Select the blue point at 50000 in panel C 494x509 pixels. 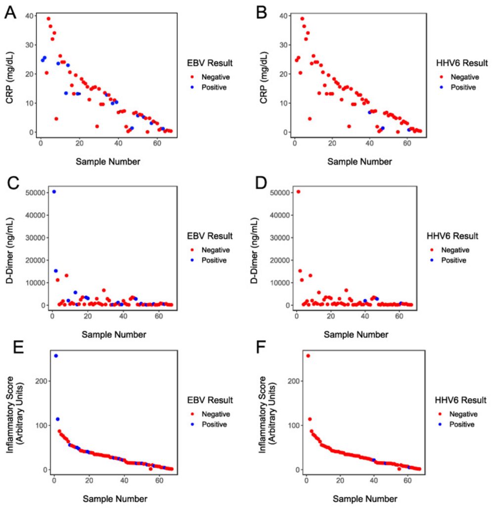pos(54,191)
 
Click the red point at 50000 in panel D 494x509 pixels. pos(298,191)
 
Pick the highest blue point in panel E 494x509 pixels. pos(56,356)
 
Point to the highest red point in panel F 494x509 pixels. pos(308,356)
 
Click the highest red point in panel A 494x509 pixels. pos(48,19)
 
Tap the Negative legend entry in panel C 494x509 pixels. pos(214,249)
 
